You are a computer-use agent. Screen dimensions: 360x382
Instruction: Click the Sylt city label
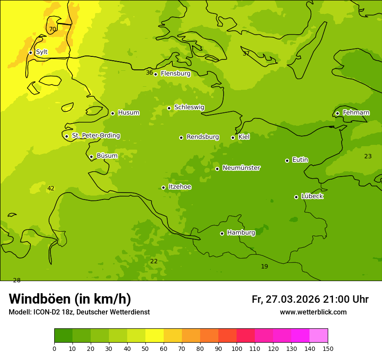(42, 52)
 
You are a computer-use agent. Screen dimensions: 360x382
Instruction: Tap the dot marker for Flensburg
(155, 74)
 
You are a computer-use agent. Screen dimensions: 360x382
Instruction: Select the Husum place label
(128, 113)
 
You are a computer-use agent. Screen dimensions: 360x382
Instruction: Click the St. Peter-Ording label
(96, 136)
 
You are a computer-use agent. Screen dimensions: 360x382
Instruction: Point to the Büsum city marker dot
(91, 157)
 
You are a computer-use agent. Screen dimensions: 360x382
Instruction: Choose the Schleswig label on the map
(189, 107)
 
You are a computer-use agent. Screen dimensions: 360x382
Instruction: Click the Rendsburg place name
(203, 137)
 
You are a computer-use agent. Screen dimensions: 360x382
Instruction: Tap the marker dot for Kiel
(233, 137)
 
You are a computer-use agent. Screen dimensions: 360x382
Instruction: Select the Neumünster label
(241, 168)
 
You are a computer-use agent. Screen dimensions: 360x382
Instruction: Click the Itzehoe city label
(180, 187)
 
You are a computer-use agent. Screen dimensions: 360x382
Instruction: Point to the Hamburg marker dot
(222, 233)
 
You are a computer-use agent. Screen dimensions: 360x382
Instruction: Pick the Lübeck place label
(312, 196)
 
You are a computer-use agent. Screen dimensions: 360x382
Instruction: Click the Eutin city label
(300, 160)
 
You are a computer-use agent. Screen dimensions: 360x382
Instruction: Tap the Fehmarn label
(356, 113)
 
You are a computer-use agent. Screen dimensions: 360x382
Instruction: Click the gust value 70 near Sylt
(52, 29)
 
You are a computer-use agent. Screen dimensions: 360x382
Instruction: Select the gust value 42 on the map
(51, 188)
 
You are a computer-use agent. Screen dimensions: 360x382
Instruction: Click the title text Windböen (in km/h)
(70, 299)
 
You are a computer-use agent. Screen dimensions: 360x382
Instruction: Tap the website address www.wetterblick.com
(313, 312)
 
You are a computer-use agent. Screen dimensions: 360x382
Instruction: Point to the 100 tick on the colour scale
(237, 348)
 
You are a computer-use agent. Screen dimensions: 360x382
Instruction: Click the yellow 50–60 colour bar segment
(155, 336)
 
